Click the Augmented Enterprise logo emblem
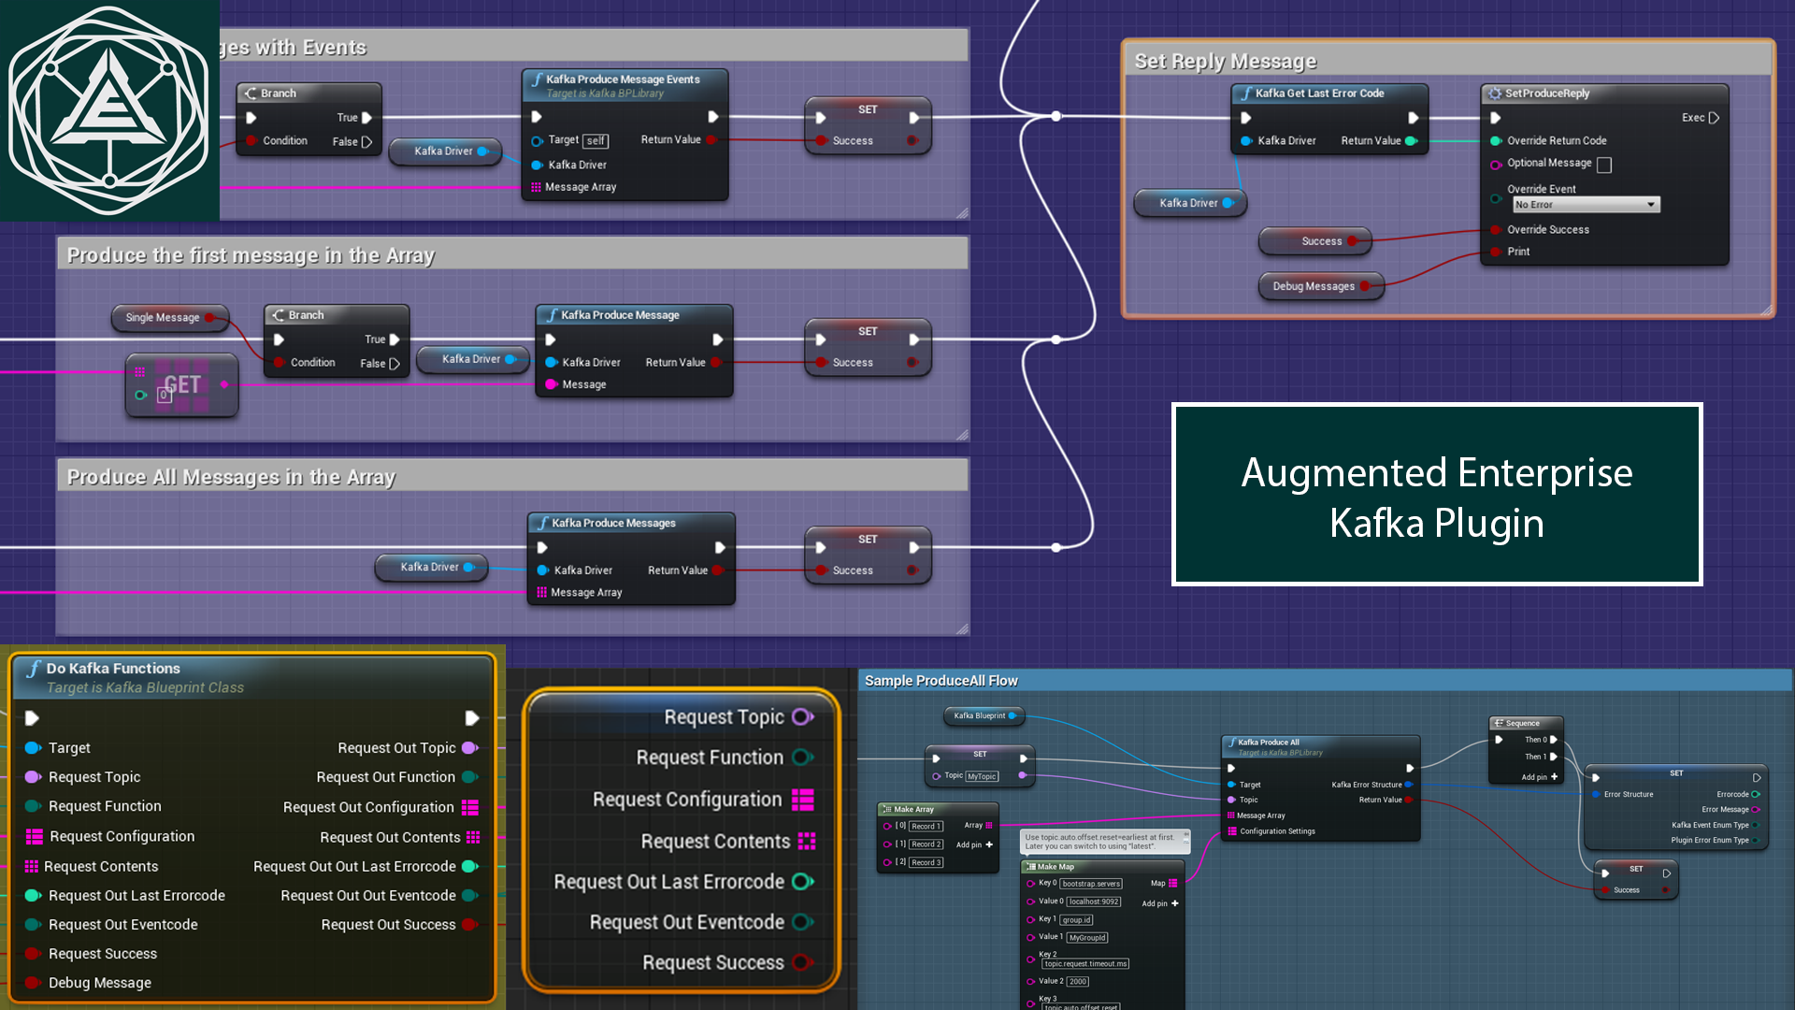(x=109, y=109)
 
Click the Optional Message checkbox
(x=1604, y=166)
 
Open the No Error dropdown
(x=1586, y=205)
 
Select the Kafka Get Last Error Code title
(x=1319, y=94)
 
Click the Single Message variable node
(x=163, y=318)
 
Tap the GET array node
(x=182, y=384)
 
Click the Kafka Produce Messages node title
(x=613, y=524)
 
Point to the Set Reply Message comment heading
(x=1225, y=62)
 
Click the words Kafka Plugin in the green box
(x=1436, y=523)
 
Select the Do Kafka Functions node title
(x=113, y=669)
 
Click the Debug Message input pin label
(x=100, y=983)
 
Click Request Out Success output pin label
(x=388, y=925)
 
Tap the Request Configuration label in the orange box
(x=687, y=800)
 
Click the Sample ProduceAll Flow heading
(x=941, y=681)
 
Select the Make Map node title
(x=1055, y=867)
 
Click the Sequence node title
(x=1522, y=723)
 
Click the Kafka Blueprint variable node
(x=979, y=716)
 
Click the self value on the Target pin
(x=596, y=141)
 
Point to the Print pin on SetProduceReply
(x=1518, y=252)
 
